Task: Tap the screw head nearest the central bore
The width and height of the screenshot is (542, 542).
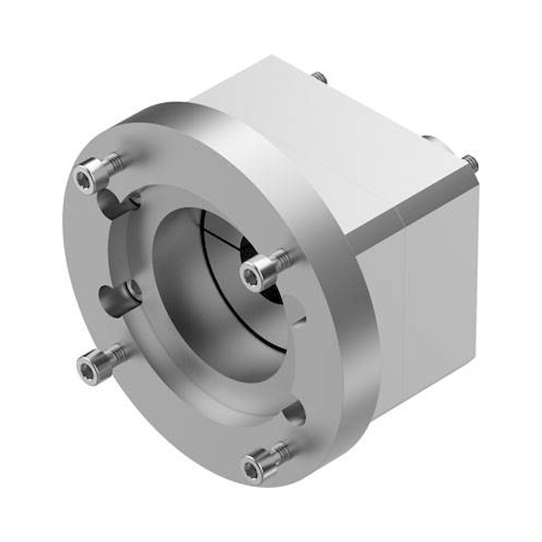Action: coord(250,272)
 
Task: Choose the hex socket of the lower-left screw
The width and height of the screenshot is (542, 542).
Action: coord(84,368)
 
